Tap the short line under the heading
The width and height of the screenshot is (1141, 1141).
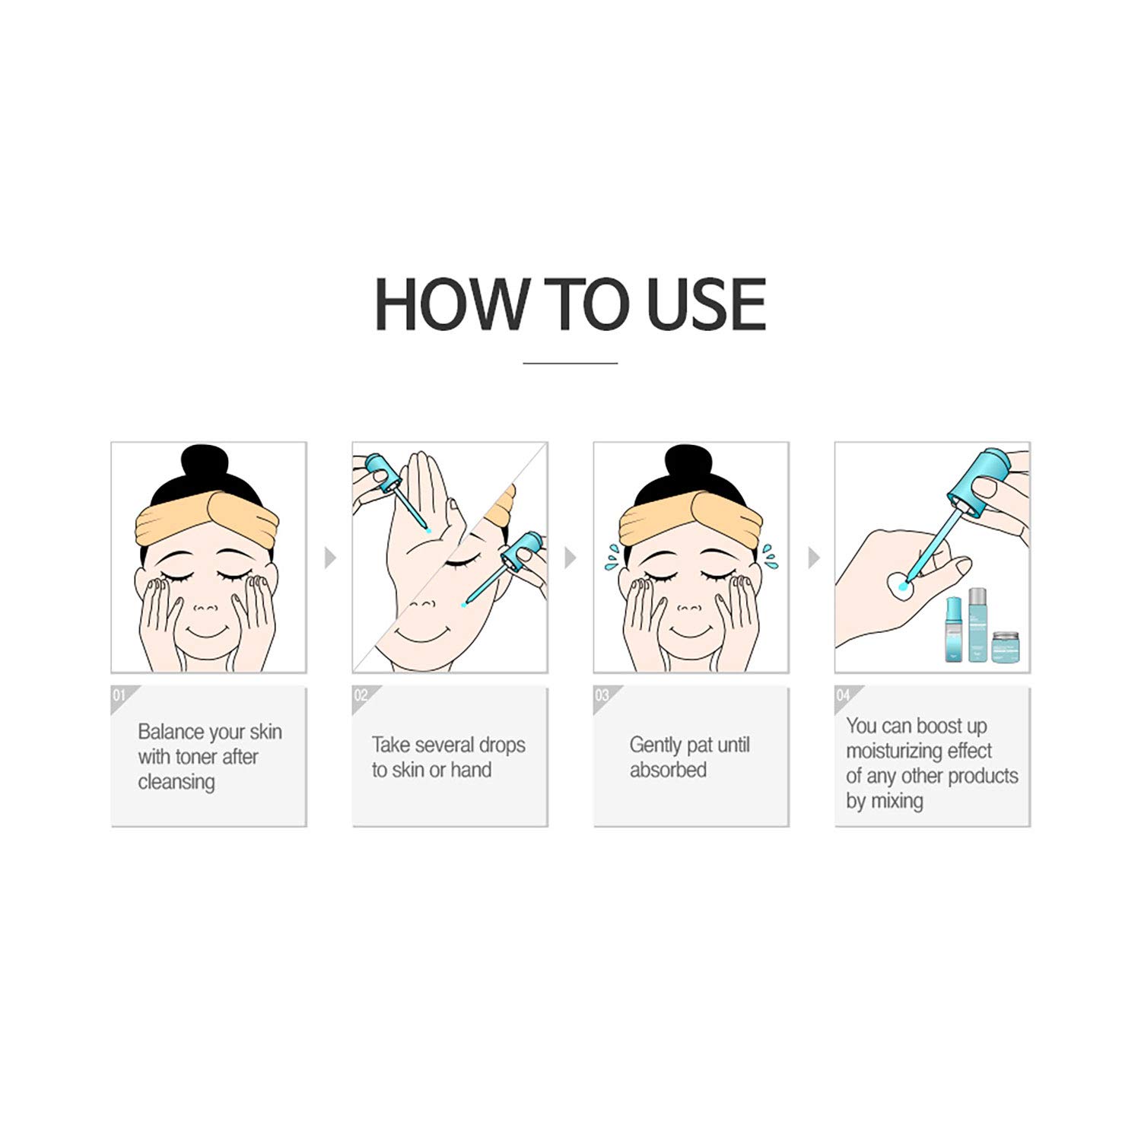[x=570, y=364]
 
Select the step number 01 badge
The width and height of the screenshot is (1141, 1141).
[x=119, y=696]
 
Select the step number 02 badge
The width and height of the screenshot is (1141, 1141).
[x=361, y=696]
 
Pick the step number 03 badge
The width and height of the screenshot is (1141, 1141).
[x=602, y=696]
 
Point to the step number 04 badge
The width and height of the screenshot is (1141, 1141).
[x=843, y=696]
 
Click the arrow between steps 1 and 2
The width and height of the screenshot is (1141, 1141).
[x=329, y=558]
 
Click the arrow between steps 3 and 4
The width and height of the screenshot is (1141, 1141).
[x=813, y=558]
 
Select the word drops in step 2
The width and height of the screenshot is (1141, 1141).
[x=501, y=745]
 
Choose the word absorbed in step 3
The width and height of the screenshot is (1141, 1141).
[x=668, y=770]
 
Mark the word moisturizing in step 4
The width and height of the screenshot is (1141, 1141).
[x=894, y=751]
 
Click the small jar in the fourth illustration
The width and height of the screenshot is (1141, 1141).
[x=1006, y=647]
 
